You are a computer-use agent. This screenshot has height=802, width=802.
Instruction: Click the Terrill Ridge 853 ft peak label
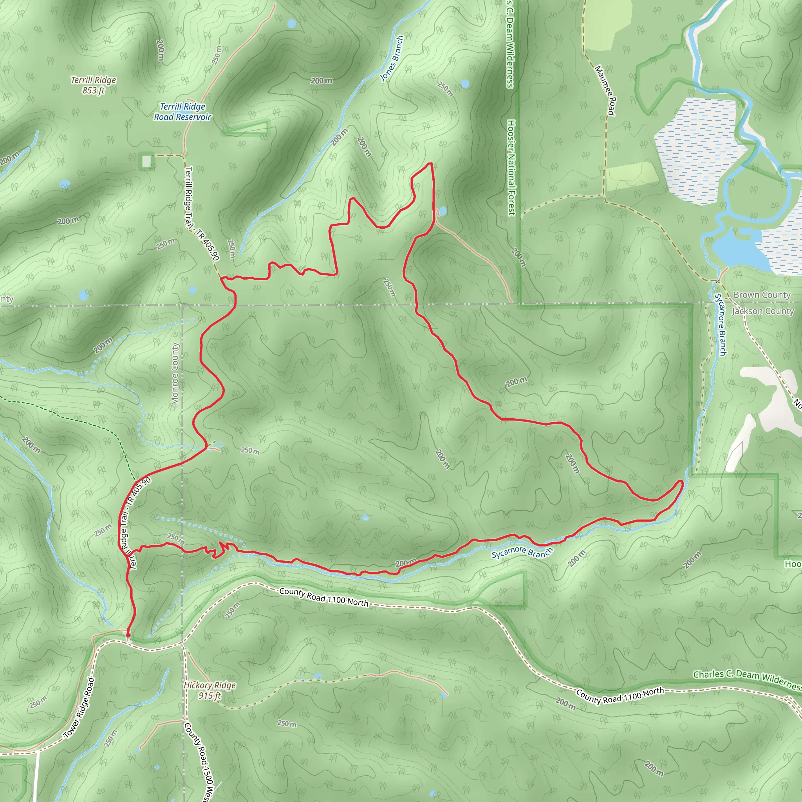coord(94,85)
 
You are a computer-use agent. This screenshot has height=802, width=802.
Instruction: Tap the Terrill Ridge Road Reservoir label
coord(182,112)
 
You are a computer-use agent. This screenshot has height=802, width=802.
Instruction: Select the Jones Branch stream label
coord(392,58)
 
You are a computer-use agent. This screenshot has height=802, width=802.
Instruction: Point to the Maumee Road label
coord(605,90)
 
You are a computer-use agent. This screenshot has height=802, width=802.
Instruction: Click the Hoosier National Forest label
coord(511,168)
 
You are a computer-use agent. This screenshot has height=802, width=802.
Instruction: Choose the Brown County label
coord(762,295)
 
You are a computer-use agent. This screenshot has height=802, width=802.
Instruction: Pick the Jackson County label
coord(763,311)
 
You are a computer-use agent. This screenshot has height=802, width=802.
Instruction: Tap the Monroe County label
coord(175,374)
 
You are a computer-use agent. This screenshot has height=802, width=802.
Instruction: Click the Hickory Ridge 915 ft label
coord(210,690)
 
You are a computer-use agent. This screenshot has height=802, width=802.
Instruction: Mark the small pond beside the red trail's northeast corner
coord(442,211)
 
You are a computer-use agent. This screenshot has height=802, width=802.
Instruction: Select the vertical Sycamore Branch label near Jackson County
coord(720,324)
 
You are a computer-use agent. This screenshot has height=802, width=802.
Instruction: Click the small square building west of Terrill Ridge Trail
coord(146,161)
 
